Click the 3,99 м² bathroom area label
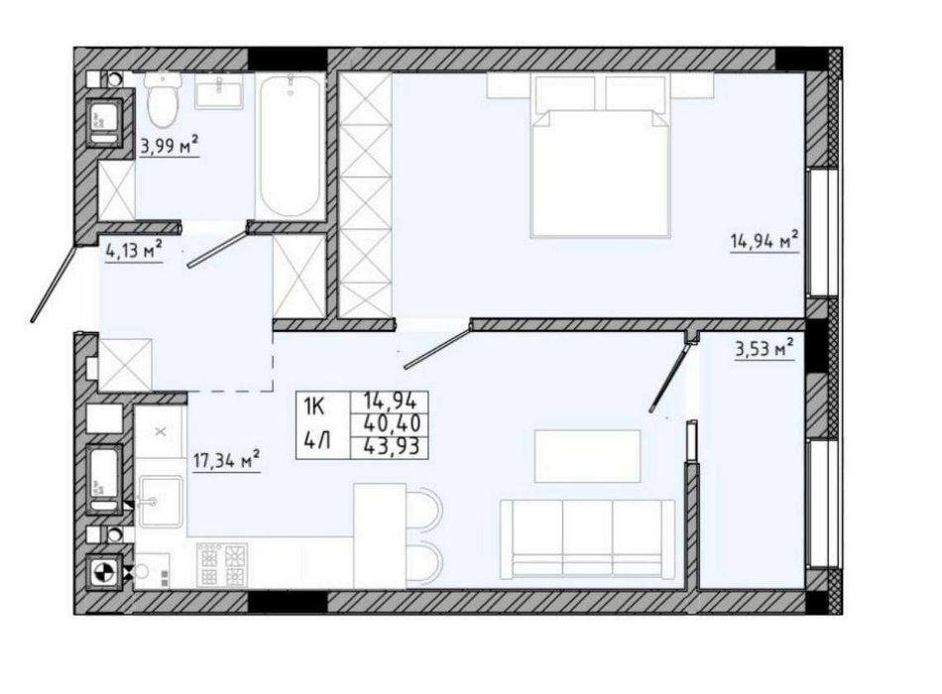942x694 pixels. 170,147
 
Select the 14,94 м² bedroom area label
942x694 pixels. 764,241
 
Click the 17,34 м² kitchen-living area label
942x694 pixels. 226,460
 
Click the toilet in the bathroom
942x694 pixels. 161,99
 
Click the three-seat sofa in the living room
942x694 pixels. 587,536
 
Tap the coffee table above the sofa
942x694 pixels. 586,456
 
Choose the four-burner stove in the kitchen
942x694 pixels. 222,566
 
